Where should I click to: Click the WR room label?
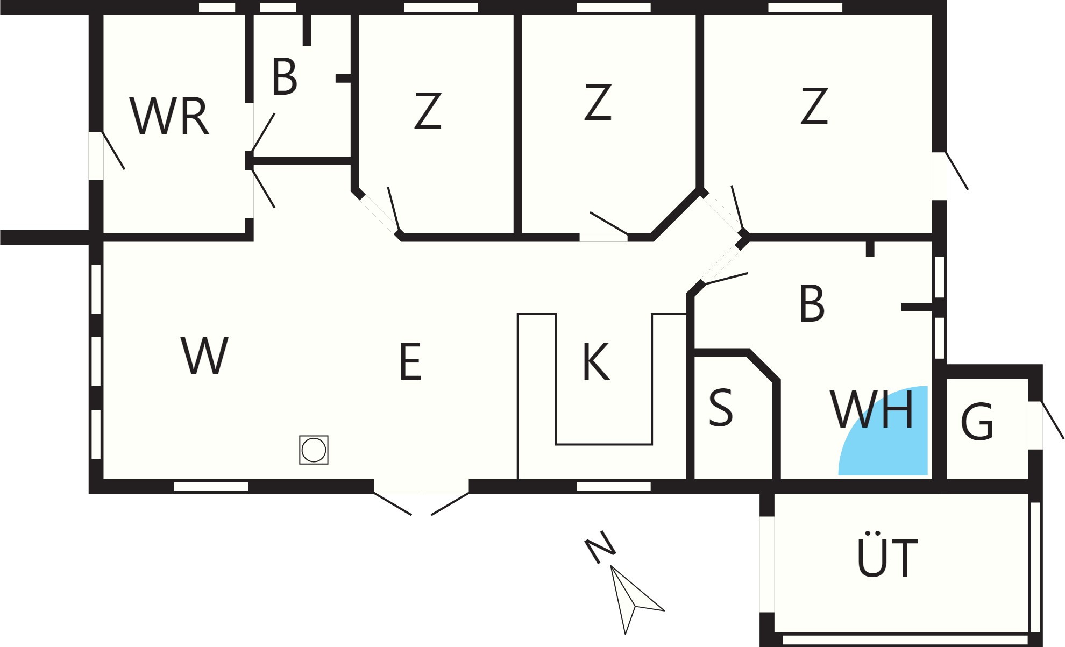169,116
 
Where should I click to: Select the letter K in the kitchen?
596,361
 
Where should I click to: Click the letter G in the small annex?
977,422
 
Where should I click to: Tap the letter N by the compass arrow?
600,547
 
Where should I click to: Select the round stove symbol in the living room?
314,450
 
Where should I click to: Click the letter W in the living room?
204,356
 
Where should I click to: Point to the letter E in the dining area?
410,361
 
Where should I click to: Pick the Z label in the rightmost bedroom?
814,106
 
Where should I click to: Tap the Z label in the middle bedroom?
598,101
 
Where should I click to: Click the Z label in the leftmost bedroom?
428,110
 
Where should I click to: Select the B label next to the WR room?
285,76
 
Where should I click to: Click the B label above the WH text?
812,303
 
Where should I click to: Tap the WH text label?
872,409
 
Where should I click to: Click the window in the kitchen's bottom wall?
614,487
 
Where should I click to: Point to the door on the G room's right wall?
1046,425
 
